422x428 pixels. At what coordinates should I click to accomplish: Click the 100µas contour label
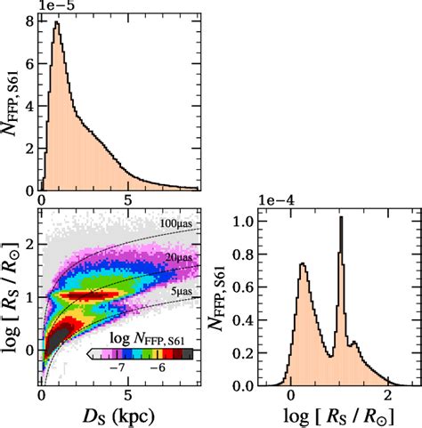click(178, 222)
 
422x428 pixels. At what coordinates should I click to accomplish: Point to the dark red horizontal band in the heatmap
click(93, 293)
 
